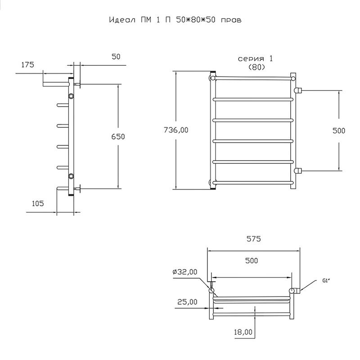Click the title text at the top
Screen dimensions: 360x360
175,20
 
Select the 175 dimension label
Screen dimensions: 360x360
27,65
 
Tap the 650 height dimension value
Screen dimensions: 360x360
118,137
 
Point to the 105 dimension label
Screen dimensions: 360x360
38,203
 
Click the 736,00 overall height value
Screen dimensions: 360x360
176,130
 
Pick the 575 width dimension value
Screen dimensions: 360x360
254,239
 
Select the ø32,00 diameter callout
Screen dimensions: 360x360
185,272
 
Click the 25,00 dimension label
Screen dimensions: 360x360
187,302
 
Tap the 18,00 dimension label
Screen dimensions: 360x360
243,332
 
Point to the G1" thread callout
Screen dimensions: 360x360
326,280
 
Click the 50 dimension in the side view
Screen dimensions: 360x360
116,57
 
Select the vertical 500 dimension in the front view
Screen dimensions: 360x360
339,130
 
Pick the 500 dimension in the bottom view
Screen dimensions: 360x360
252,261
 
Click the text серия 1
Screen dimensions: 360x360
255,59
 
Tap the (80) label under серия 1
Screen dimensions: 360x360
256,67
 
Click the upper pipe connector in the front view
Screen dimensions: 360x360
298,90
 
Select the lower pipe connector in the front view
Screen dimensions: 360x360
298,171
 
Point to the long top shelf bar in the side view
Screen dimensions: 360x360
56,84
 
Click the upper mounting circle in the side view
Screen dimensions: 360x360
71,96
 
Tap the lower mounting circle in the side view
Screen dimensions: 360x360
71,176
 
